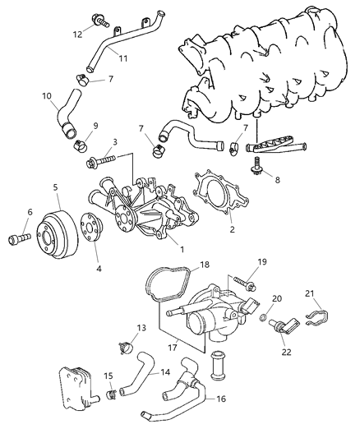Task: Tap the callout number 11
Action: pyautogui.click(x=122, y=59)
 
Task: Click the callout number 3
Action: pyautogui.click(x=114, y=142)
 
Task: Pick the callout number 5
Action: pyautogui.click(x=55, y=187)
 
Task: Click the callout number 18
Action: pyautogui.click(x=205, y=266)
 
